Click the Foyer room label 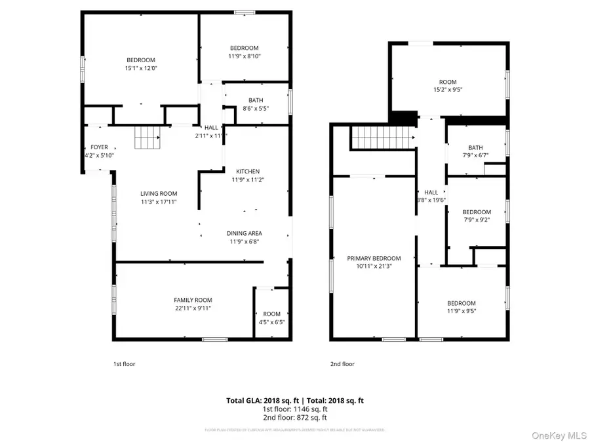coord(99,147)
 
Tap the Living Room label coord(159,194)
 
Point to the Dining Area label coord(245,233)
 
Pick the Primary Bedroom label coord(374,258)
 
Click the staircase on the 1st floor coord(147,138)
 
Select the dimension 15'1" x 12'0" coord(141,68)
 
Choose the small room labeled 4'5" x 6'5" coord(271,318)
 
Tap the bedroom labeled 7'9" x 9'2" coord(477,216)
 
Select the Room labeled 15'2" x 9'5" coord(448,86)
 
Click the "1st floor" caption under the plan coord(125,363)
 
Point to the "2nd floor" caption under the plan coord(342,363)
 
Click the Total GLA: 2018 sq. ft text coord(256,399)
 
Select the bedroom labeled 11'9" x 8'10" coord(244,52)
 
